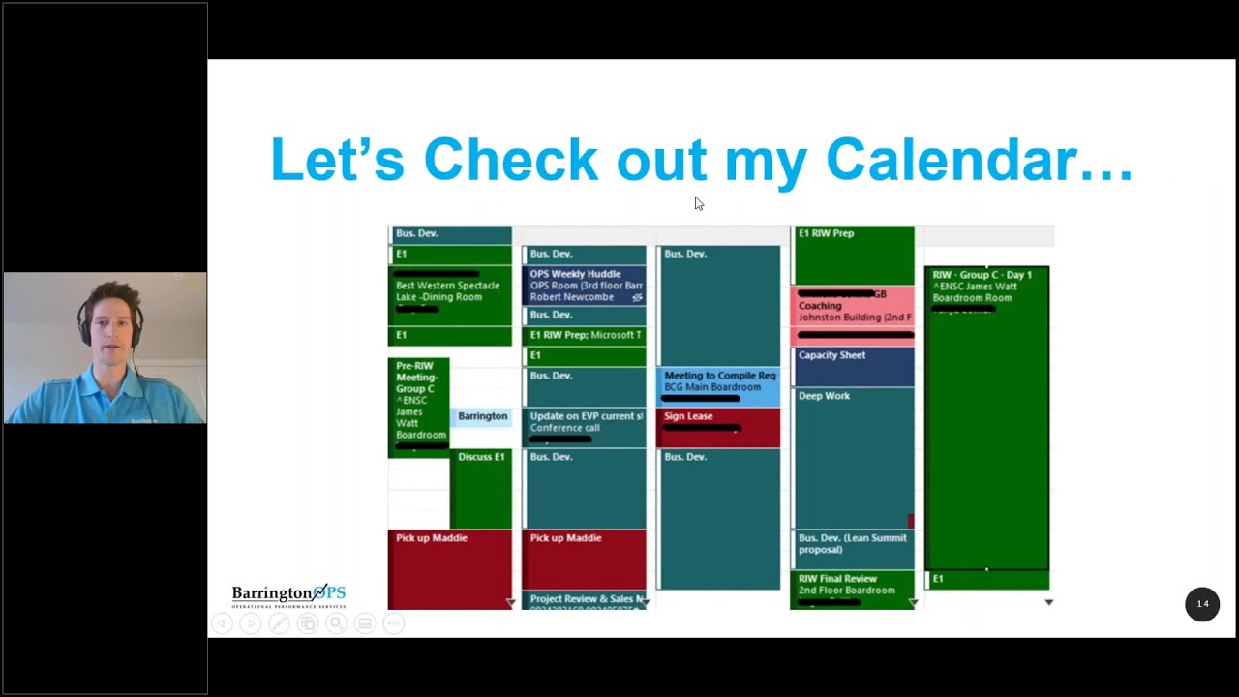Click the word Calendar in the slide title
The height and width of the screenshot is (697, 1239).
[978, 160]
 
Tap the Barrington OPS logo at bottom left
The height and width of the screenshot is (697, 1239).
[288, 594]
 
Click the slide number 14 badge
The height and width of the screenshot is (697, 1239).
[1202, 604]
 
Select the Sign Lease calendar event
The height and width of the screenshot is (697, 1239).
[717, 427]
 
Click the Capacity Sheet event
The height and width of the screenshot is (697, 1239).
[852, 366]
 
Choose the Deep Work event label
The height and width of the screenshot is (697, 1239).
[825, 396]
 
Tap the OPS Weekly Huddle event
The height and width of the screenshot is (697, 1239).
[584, 285]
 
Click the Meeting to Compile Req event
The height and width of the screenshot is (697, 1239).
[717, 386]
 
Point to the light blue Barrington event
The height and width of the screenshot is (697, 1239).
[482, 416]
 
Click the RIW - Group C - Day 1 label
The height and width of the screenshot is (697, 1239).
[982, 275]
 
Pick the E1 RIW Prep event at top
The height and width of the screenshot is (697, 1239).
[852, 254]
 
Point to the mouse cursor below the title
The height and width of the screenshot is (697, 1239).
[699, 203]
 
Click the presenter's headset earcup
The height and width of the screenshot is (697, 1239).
[85, 330]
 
